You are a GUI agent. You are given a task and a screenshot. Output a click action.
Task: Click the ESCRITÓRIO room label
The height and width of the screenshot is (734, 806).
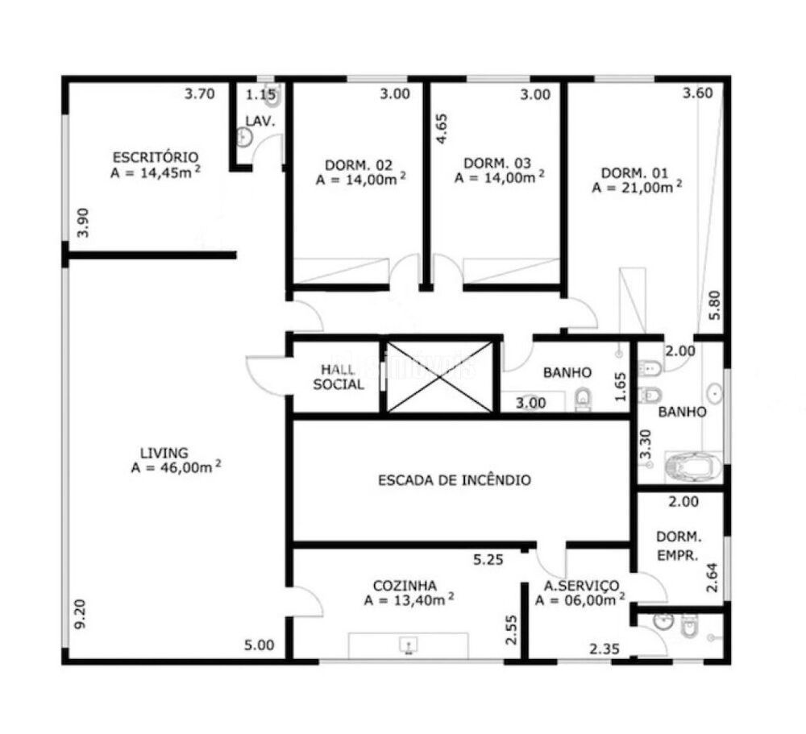tap(155, 156)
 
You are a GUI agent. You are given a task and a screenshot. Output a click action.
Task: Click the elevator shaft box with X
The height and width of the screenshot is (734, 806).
tap(440, 376)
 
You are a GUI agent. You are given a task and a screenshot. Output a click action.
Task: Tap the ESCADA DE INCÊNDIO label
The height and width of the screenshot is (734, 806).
tap(455, 480)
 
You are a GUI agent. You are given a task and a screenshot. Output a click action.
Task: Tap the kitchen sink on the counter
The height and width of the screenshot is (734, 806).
tap(409, 644)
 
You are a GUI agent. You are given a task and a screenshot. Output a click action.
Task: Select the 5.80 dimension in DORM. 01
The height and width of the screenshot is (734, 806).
tap(714, 305)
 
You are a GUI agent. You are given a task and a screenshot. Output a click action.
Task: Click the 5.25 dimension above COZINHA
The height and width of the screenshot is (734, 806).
tap(488, 559)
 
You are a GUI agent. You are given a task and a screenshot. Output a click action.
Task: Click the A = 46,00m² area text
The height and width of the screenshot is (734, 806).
tap(176, 467)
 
